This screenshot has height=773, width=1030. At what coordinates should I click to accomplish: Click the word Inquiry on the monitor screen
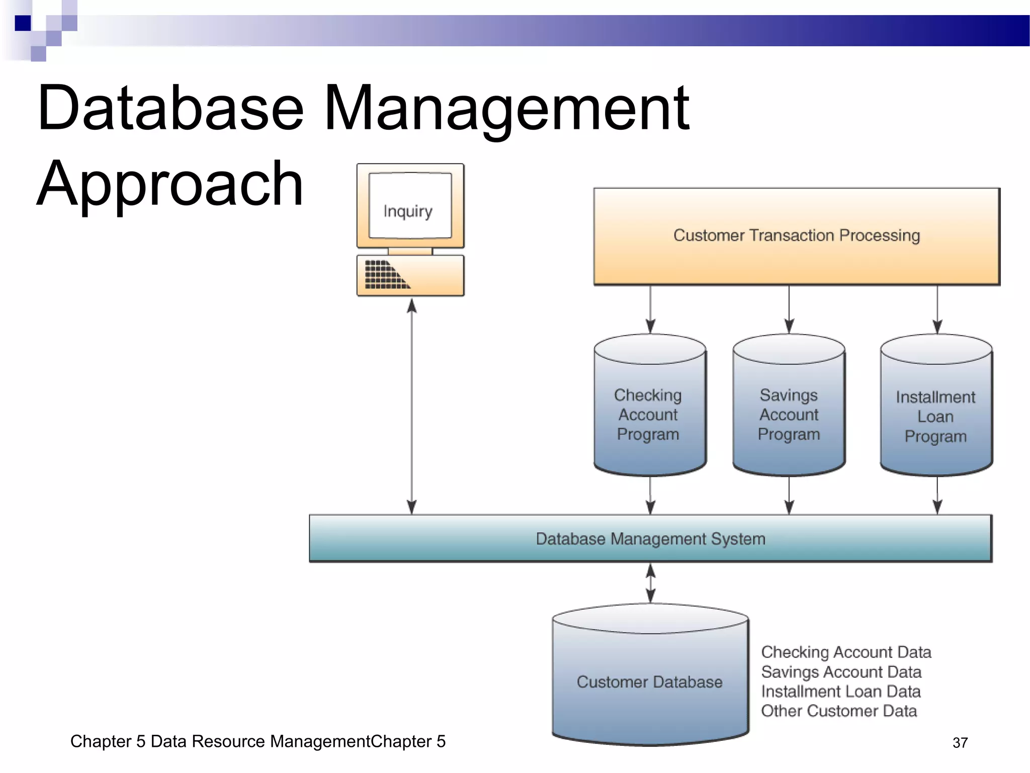tap(407, 211)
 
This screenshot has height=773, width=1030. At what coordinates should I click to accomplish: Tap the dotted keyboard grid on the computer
tap(385, 275)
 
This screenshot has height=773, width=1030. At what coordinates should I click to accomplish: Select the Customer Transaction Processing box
tap(797, 236)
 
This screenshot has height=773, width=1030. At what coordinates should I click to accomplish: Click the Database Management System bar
tap(650, 538)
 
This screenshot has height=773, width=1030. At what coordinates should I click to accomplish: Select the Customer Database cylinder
tap(649, 682)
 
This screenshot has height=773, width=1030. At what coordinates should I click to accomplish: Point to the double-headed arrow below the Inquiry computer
tap(411, 406)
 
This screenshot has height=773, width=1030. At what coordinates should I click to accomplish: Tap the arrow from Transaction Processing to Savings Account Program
tap(789, 309)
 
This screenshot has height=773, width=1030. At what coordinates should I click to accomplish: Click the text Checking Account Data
tap(846, 652)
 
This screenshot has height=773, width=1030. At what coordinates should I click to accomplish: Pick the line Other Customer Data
tap(839, 711)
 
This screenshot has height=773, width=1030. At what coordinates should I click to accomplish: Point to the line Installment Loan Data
tap(840, 691)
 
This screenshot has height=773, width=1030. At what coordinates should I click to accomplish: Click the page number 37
tap(960, 743)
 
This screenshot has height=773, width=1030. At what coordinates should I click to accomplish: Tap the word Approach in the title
tap(170, 184)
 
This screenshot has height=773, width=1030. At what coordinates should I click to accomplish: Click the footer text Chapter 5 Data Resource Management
tap(257, 741)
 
